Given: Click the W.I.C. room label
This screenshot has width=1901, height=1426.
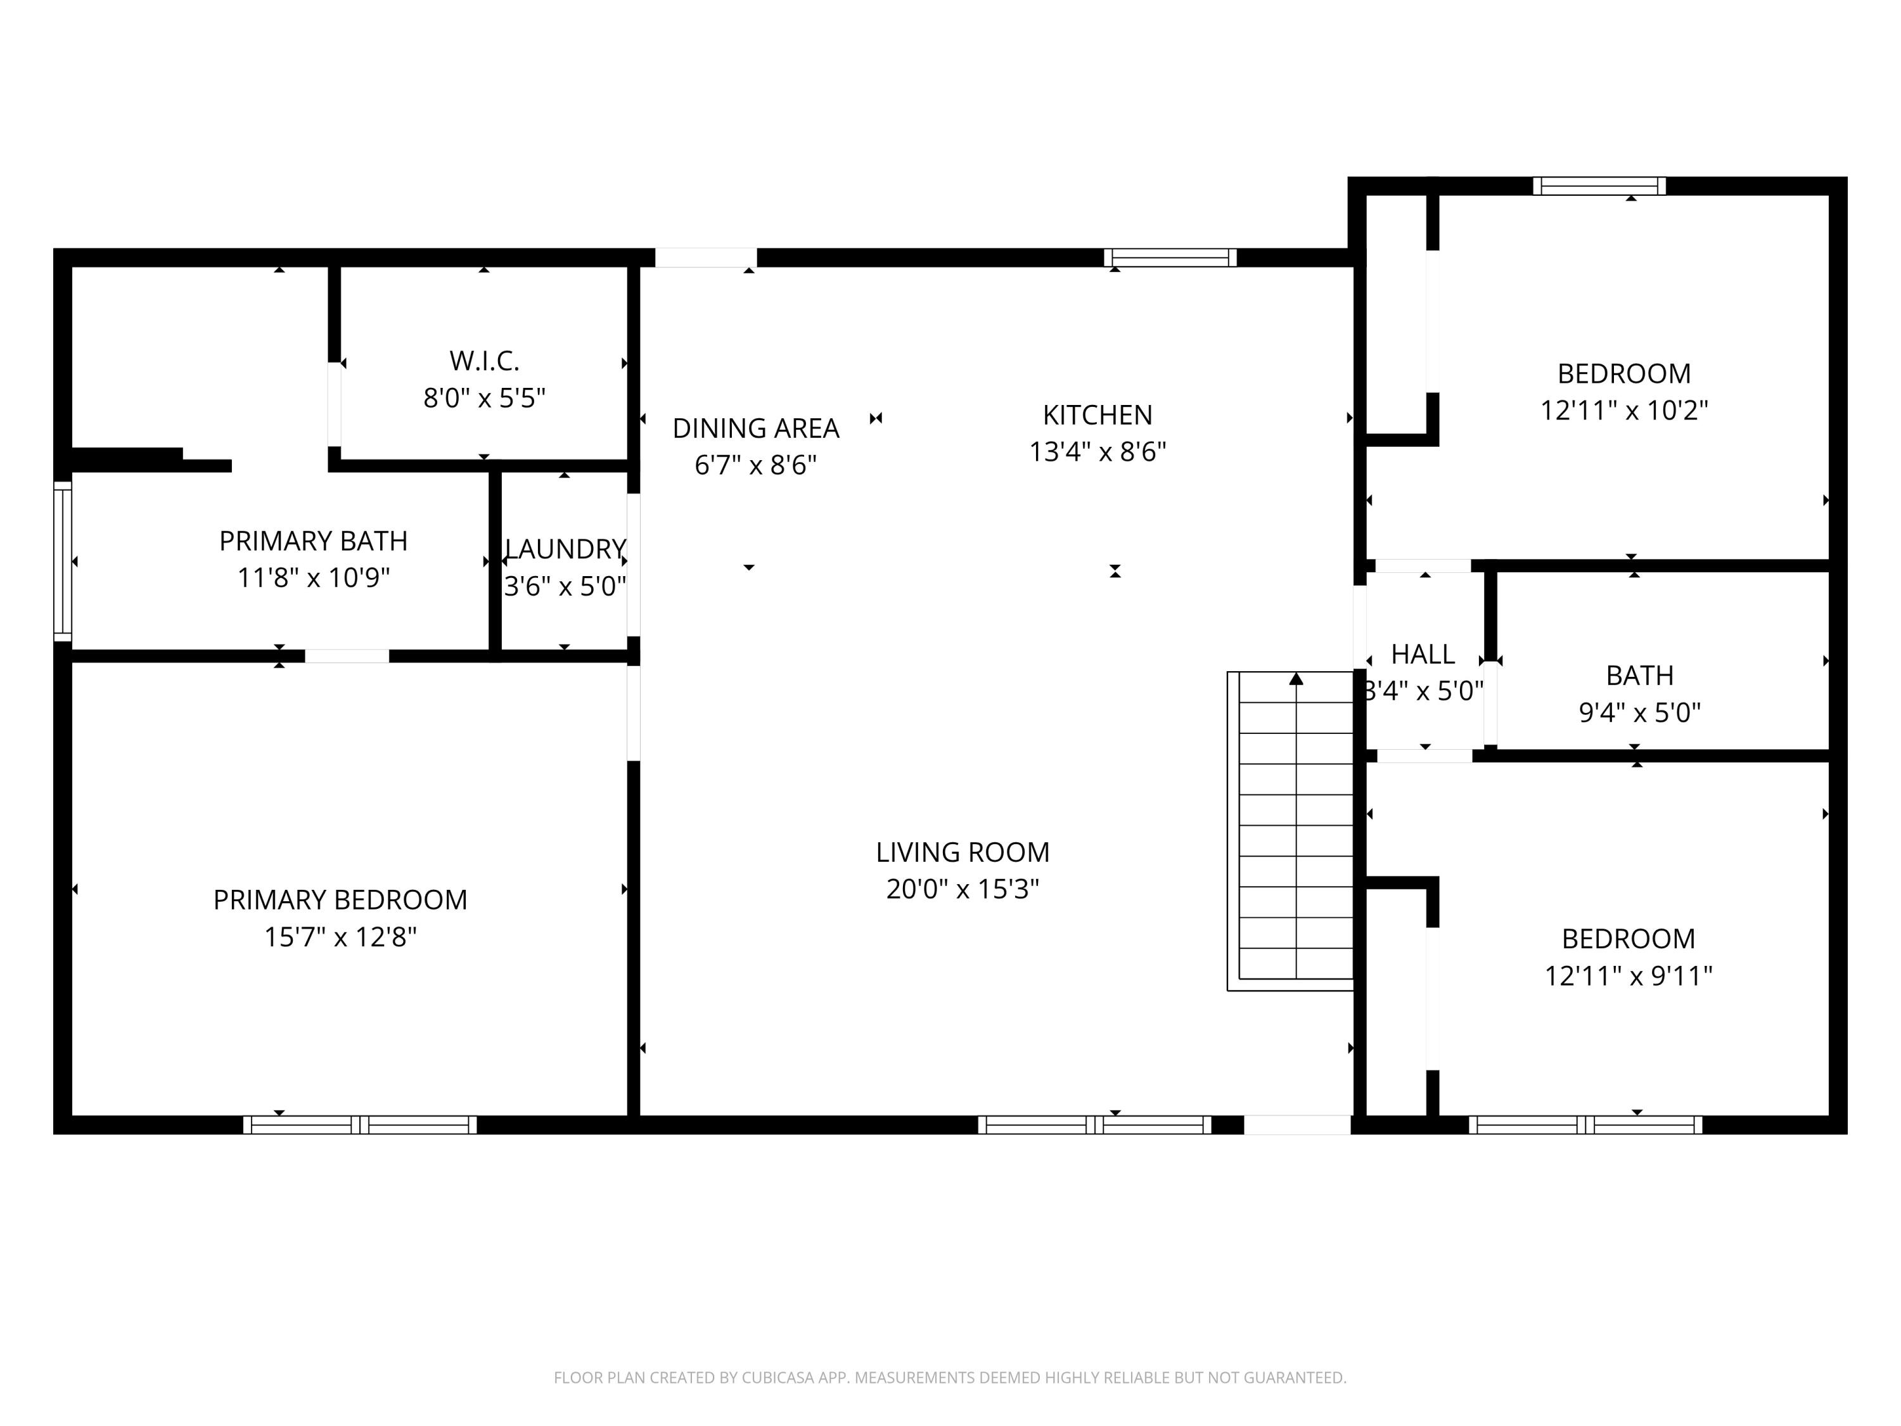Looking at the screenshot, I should pos(484,361).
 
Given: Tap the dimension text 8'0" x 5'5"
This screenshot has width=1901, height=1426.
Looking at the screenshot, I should pos(484,398).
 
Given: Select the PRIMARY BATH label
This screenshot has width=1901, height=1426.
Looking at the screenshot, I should pos(313,541).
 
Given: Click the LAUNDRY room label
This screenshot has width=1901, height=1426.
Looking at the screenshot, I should pos(565,548).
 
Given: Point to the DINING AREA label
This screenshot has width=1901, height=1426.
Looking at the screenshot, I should pos(755,428).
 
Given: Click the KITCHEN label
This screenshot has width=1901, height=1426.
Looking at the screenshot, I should pos(1098,415).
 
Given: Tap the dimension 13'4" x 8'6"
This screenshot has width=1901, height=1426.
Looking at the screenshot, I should pos(1098,452).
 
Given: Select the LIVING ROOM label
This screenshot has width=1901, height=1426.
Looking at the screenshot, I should pos(963,852).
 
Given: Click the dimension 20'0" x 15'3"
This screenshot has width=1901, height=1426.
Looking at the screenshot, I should pos(963,889).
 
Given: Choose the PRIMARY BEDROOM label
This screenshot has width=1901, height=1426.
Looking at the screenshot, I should pos(340,900).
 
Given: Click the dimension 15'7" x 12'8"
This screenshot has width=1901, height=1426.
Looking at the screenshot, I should pos(340,937).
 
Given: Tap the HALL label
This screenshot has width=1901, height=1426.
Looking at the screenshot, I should pos(1423,654).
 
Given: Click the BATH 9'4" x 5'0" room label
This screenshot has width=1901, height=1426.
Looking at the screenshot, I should pos(1639,676).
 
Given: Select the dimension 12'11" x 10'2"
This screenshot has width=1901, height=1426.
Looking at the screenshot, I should pos(1623,411).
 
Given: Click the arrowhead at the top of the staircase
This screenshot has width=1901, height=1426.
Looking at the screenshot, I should pos(1296,679).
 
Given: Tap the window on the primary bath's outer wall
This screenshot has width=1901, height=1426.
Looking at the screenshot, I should pos(63,560).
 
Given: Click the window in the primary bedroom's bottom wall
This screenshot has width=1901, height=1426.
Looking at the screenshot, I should pos(359,1124).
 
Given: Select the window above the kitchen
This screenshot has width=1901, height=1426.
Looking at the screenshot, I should pos(1170,257).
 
